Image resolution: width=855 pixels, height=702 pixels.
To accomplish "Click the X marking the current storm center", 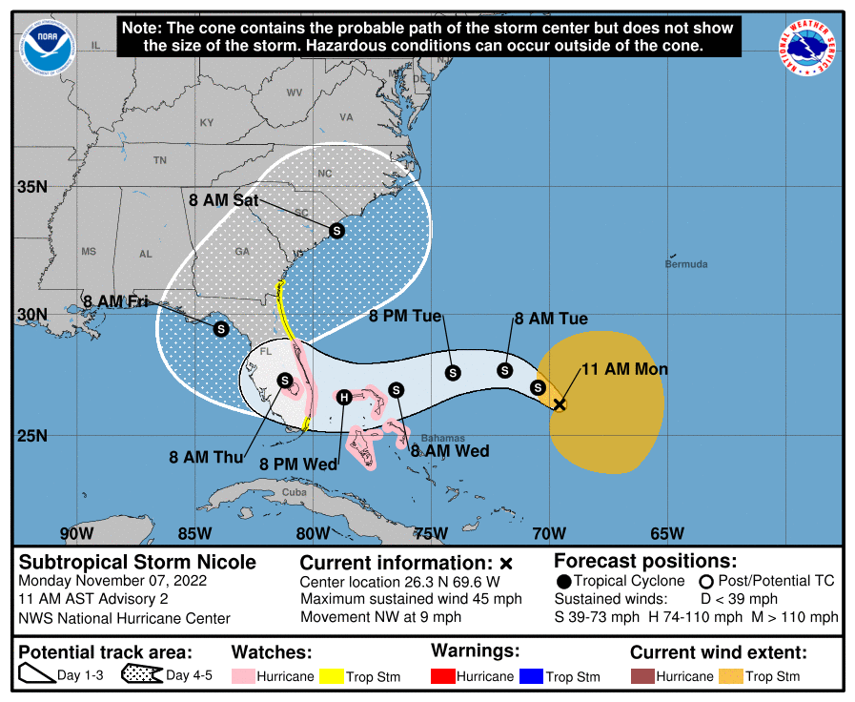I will (560, 404).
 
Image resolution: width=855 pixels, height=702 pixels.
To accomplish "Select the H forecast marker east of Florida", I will (345, 397).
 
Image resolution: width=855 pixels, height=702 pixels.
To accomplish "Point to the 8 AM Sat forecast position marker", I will (336, 230).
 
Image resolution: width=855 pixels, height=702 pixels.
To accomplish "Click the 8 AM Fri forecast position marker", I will (220, 328).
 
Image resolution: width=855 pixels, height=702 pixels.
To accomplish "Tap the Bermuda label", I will (686, 263).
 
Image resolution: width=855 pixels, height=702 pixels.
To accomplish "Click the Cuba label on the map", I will (295, 492).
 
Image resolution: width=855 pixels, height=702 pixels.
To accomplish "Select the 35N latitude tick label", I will (31, 187).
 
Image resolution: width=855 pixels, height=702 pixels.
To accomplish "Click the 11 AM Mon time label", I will (624, 369).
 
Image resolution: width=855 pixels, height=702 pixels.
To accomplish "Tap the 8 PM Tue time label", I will (405, 316).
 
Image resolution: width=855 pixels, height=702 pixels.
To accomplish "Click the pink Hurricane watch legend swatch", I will (245, 676).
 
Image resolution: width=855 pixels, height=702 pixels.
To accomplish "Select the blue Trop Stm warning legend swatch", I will (529, 676).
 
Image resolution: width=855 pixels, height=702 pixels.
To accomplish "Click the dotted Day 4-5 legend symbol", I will (141, 675).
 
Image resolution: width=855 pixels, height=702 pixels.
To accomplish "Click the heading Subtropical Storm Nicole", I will (137, 561).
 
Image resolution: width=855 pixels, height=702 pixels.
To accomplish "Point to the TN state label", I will (159, 160).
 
